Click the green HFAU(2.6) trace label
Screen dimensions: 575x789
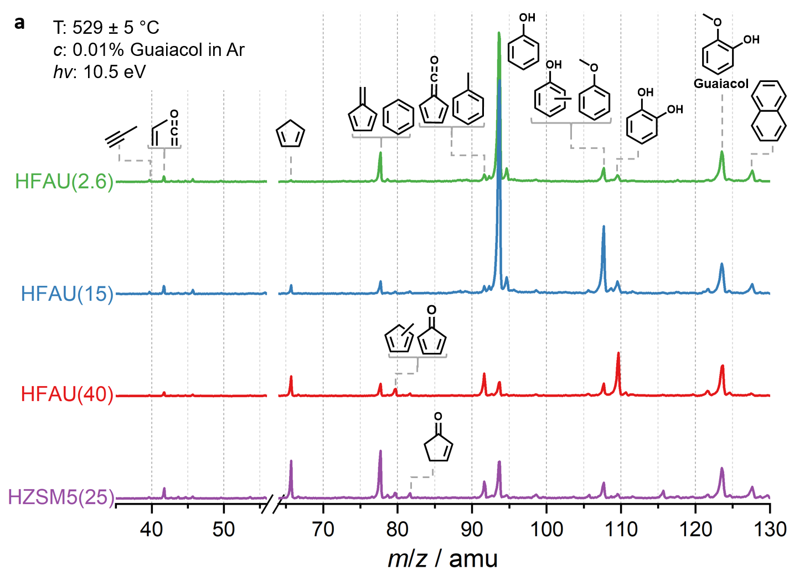point(64,181)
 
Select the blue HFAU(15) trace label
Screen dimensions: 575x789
point(67,294)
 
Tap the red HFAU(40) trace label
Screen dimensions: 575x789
point(67,394)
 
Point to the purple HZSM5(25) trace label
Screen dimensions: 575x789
point(61,497)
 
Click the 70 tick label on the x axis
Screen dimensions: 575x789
point(323,530)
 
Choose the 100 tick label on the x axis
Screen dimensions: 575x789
point(546,530)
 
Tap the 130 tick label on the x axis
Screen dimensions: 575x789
point(770,530)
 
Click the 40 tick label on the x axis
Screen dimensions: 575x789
point(151,530)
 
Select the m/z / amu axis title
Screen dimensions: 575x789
point(442,558)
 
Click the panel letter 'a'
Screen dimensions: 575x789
point(20,23)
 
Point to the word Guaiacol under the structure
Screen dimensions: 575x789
point(721,84)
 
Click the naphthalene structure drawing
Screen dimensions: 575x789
point(769,111)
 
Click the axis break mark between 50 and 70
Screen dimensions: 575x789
point(273,504)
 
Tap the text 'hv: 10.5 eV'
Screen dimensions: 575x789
point(100,72)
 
